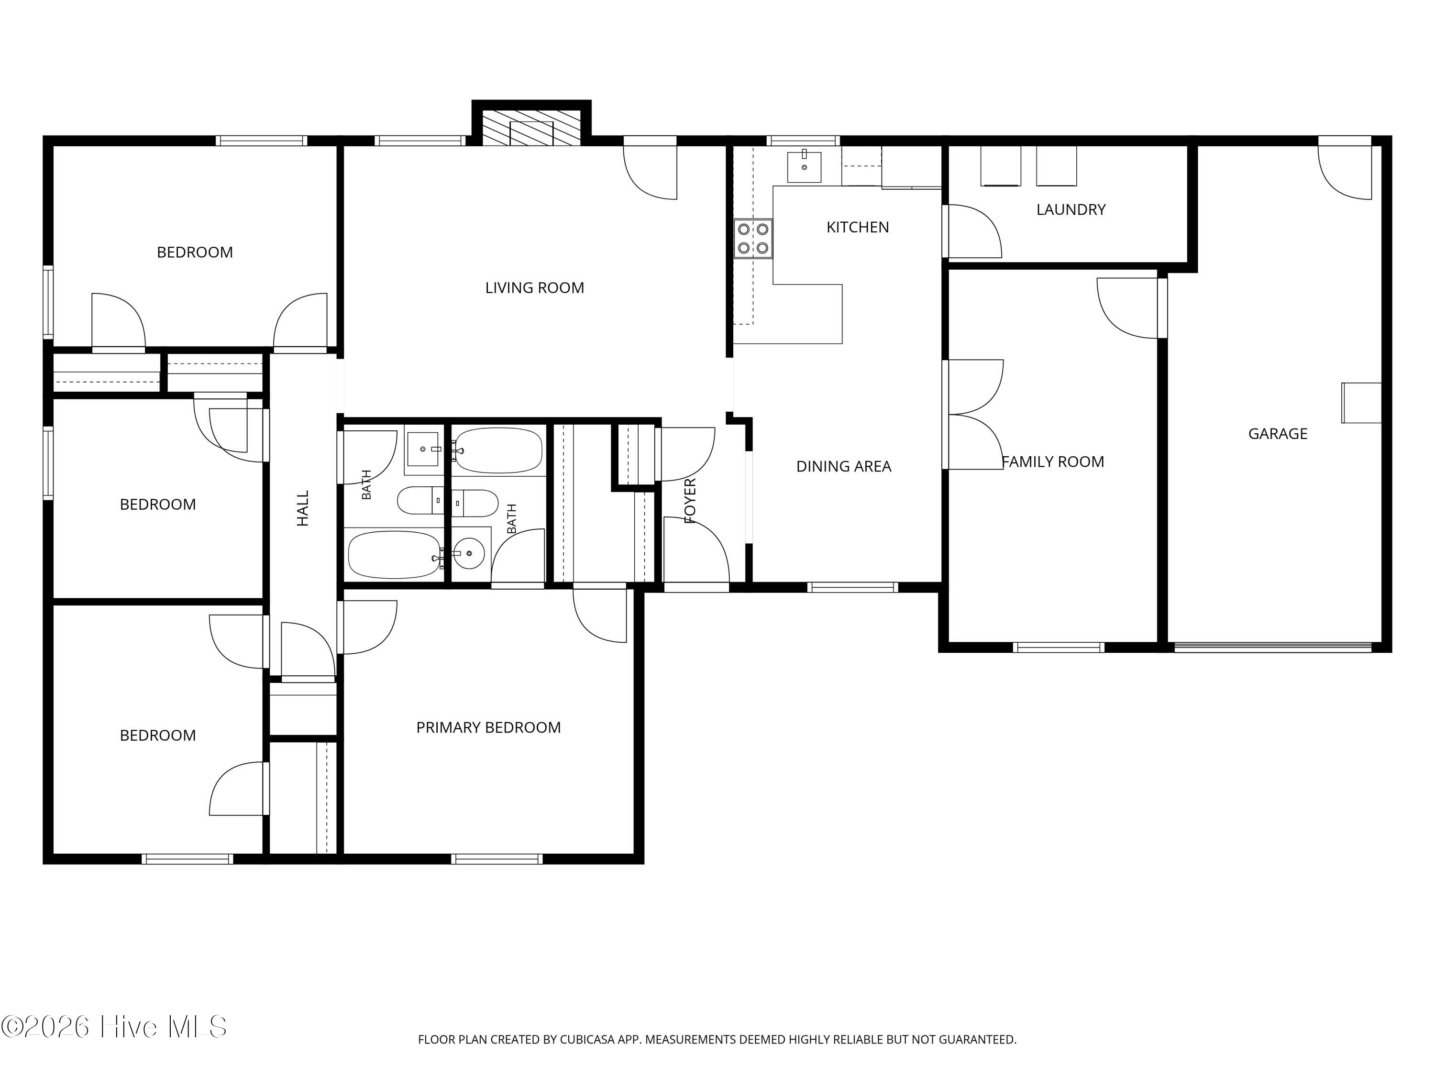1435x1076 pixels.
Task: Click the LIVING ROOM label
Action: point(535,287)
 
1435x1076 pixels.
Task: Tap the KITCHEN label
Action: point(858,227)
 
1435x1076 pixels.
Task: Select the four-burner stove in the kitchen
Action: point(753,238)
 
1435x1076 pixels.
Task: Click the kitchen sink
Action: point(805,167)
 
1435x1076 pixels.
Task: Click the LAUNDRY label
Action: point(1071,209)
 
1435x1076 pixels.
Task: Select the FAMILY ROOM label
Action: point(1053,462)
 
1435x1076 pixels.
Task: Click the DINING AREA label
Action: point(844,466)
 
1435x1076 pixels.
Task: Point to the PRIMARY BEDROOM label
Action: point(488,728)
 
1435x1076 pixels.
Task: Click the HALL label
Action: point(303,508)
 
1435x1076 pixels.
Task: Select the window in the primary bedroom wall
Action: point(497,859)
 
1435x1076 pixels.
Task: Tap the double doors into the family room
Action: point(973,415)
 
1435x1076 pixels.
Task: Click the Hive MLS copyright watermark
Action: point(114,1027)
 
